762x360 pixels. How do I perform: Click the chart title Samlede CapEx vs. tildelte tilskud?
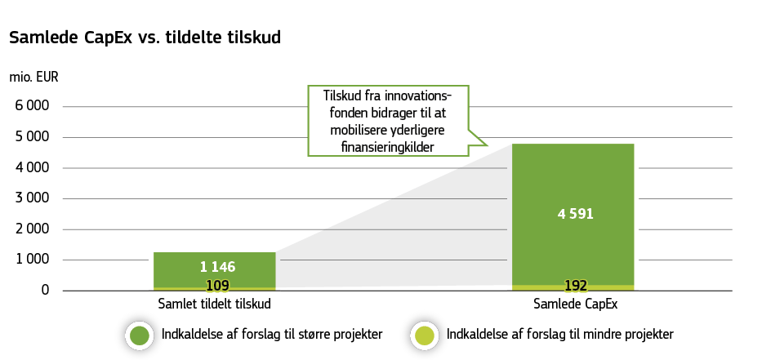coord(145,38)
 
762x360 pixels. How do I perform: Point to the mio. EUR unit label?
coord(33,78)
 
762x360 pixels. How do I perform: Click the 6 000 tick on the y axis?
coord(33,106)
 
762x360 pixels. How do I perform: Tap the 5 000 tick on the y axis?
coord(33,137)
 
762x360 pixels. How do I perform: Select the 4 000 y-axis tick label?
coord(33,167)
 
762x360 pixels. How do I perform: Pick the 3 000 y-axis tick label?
coord(33,198)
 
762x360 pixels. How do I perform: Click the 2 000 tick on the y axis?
coord(33,229)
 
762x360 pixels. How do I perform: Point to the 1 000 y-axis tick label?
coord(33,260)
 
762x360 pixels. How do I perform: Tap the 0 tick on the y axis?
coord(45,290)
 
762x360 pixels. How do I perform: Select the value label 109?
coord(216,286)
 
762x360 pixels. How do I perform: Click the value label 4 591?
coord(575,215)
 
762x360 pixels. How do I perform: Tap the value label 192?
coord(576,286)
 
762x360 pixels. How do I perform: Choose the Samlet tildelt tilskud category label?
coord(214,304)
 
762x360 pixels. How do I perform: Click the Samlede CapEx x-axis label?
coord(576,304)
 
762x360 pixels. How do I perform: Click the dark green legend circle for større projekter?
coord(140,336)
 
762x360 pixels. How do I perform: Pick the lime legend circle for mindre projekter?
coord(424,336)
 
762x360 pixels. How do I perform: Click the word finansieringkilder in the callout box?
coord(388,147)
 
